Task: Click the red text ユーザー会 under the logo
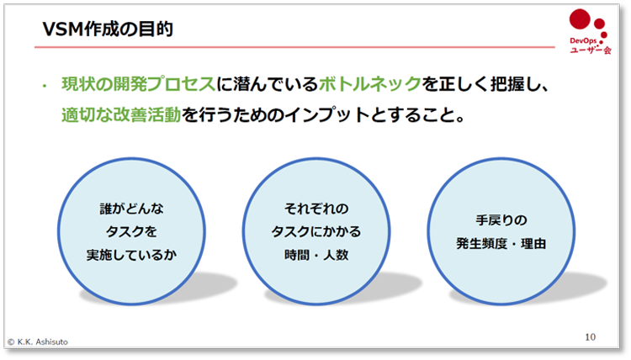click(588, 51)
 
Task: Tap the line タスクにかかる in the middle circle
click(315, 230)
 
